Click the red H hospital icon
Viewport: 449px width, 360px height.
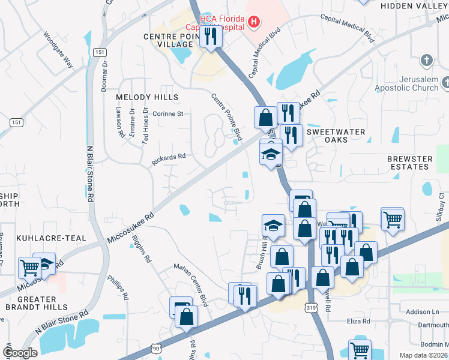point(255,23)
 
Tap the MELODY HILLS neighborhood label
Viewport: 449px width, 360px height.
point(147,97)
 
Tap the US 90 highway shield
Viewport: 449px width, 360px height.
point(156,348)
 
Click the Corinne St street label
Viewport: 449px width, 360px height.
point(167,113)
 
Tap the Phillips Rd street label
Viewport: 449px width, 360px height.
point(118,287)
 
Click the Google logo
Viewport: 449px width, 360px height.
point(20,353)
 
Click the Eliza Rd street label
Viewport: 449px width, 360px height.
point(358,322)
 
